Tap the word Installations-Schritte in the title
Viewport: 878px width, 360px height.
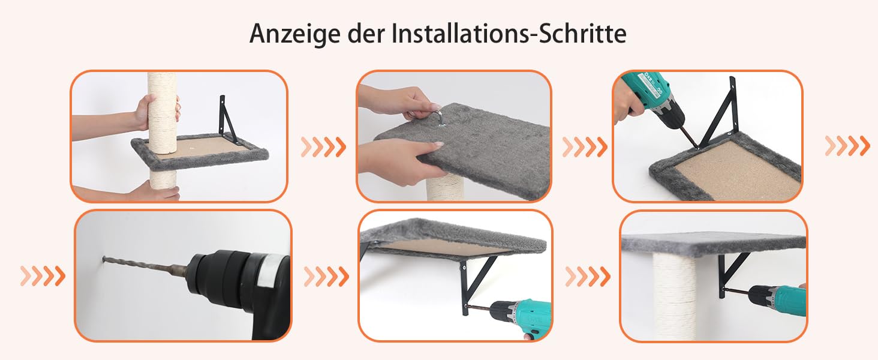click(x=509, y=34)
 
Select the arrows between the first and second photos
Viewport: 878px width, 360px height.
click(x=324, y=147)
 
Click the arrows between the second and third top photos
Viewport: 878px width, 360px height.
click(x=585, y=147)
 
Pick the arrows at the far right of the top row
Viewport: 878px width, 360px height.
click(x=847, y=146)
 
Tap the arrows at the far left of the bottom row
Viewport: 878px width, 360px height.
click(x=43, y=276)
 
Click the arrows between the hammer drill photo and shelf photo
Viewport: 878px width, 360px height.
click(x=326, y=276)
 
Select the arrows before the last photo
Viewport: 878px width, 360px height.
click(x=588, y=276)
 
